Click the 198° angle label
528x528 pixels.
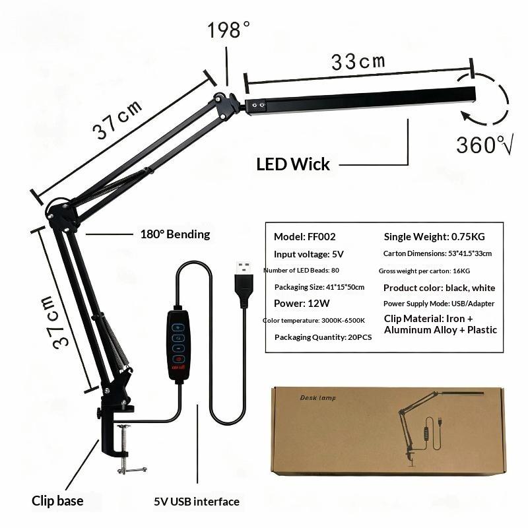(x=228, y=30)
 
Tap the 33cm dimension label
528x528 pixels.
(x=358, y=62)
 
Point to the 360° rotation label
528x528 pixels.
(x=484, y=145)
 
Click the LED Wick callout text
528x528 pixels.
(x=293, y=164)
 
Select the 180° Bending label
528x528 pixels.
(x=175, y=234)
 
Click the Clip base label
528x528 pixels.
(x=57, y=501)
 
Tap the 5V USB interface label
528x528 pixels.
(x=197, y=502)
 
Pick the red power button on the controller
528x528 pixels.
(x=178, y=359)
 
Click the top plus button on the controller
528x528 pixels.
(x=178, y=327)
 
